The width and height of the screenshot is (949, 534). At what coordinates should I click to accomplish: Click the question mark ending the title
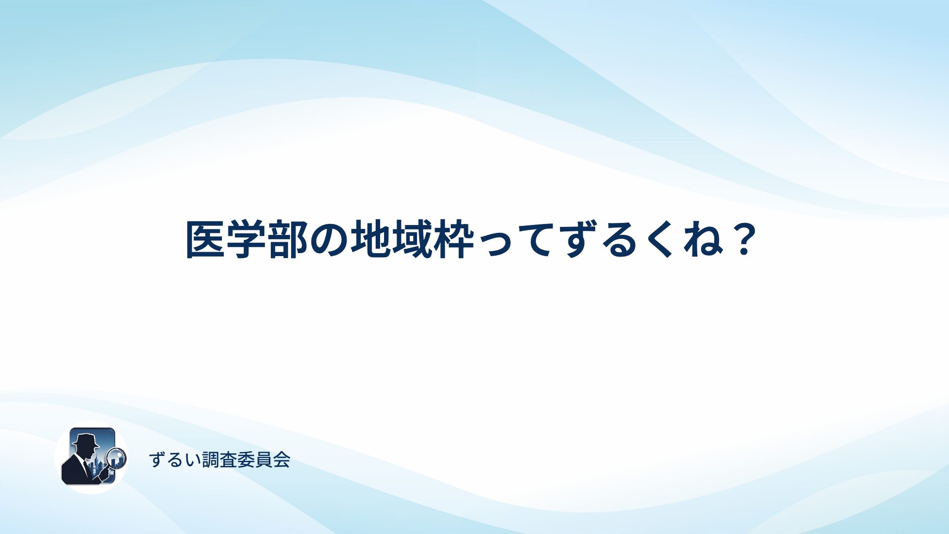[x=743, y=239]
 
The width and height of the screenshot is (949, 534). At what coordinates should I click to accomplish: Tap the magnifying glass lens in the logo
[x=117, y=458]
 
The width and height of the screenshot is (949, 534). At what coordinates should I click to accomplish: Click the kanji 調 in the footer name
[x=211, y=460]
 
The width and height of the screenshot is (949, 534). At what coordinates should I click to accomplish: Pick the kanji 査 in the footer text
[x=228, y=460]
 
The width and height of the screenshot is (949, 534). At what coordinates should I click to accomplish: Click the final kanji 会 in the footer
[x=281, y=460]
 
